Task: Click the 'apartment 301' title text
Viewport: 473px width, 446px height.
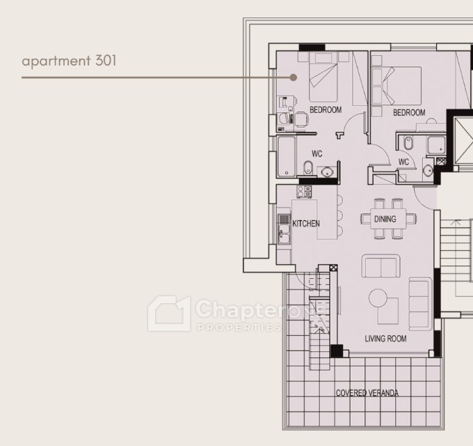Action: point(69,61)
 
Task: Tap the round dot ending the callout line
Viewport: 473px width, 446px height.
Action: point(293,77)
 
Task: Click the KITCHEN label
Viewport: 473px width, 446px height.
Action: point(306,224)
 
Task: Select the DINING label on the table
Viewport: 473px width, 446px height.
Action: point(385,219)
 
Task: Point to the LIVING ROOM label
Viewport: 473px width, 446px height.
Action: point(385,339)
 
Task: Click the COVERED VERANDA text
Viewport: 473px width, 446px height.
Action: point(367,393)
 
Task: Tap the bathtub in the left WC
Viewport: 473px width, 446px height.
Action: point(287,156)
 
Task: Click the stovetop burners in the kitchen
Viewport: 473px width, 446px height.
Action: point(304,192)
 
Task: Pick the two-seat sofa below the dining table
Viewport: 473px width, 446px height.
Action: point(381,266)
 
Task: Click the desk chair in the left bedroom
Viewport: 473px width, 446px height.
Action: point(302,118)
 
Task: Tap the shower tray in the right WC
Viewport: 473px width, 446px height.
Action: point(436,145)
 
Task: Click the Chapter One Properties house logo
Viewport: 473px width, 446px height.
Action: point(169,314)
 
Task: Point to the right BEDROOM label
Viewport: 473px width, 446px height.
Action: point(409,113)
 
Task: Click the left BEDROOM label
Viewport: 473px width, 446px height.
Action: point(326,109)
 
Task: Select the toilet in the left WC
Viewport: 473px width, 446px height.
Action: point(308,167)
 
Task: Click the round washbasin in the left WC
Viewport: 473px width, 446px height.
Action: point(327,172)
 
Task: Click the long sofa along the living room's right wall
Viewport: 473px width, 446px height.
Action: point(419,304)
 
